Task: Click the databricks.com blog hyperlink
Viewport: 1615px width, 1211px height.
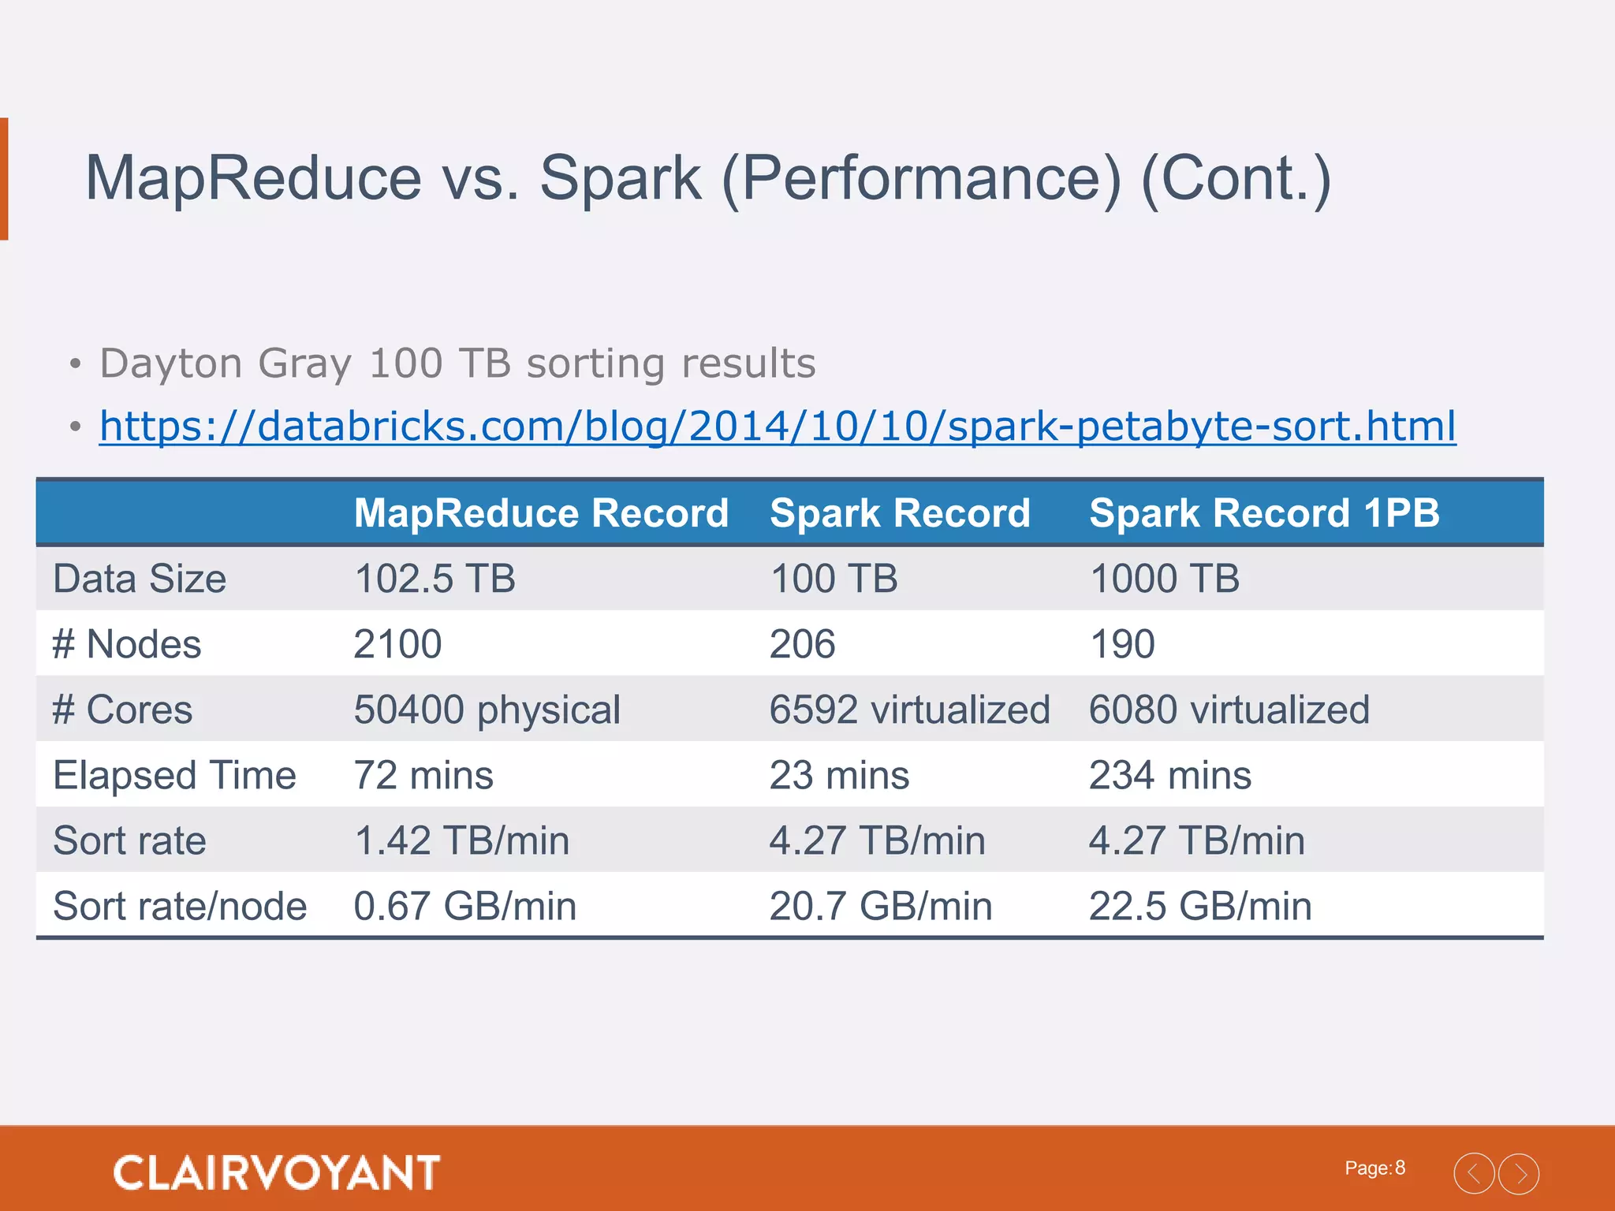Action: pyautogui.click(x=777, y=427)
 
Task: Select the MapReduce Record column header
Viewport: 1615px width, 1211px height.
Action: pyautogui.click(x=541, y=513)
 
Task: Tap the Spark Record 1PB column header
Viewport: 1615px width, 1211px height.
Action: pyautogui.click(x=1264, y=513)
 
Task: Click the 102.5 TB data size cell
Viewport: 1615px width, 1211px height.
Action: pyautogui.click(x=435, y=579)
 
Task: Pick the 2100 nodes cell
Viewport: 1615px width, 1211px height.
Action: pyautogui.click(x=397, y=644)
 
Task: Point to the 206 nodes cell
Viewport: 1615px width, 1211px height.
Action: pyautogui.click(x=802, y=644)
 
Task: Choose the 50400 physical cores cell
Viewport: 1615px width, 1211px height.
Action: pyautogui.click(x=487, y=710)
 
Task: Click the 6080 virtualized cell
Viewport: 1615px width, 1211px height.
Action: pyautogui.click(x=1229, y=710)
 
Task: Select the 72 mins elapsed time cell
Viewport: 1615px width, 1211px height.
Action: pyautogui.click(x=423, y=775)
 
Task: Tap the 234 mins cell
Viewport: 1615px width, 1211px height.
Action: pyautogui.click(x=1169, y=775)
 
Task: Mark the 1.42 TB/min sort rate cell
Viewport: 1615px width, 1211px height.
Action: pyautogui.click(x=461, y=840)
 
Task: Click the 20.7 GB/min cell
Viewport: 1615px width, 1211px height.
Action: pyautogui.click(x=880, y=906)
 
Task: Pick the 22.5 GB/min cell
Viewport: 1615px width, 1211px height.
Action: pyautogui.click(x=1199, y=906)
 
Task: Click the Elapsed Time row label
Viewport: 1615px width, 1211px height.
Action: pyautogui.click(x=174, y=775)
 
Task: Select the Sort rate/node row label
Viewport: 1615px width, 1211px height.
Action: pyautogui.click(x=180, y=906)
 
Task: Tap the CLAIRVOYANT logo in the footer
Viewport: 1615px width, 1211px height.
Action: pyautogui.click(x=276, y=1172)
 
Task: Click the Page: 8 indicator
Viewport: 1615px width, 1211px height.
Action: pyautogui.click(x=1374, y=1168)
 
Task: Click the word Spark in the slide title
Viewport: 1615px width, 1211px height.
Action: pyautogui.click(x=620, y=178)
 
